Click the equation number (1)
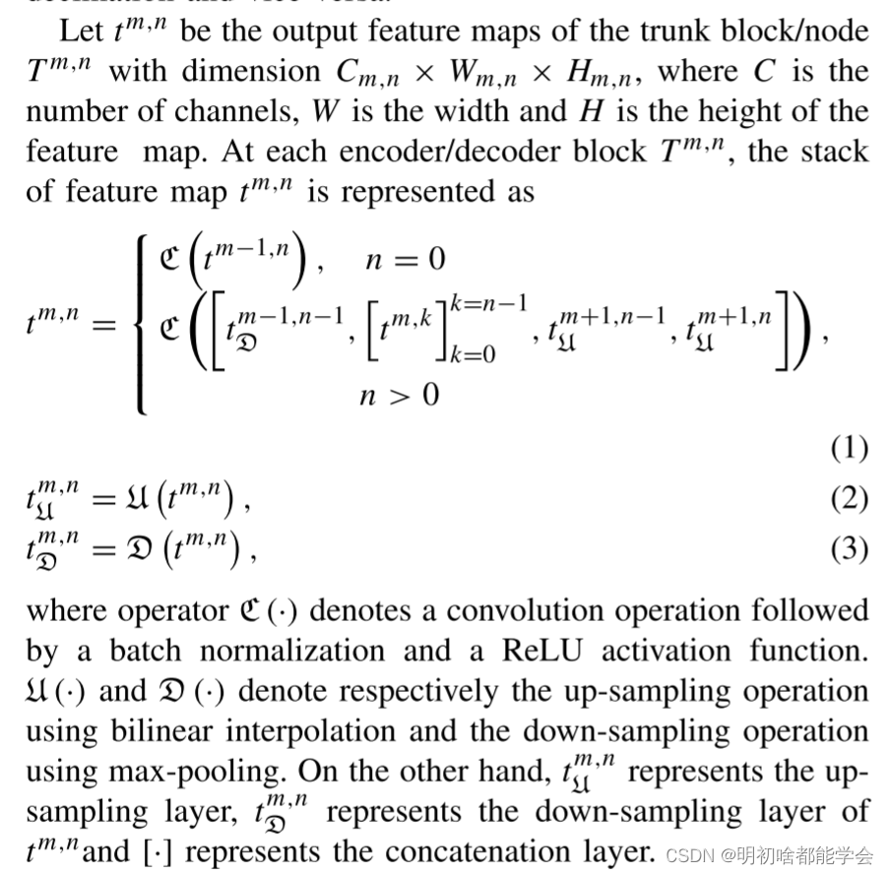coord(849,449)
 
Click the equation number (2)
coord(849,500)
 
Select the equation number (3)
coord(849,548)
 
